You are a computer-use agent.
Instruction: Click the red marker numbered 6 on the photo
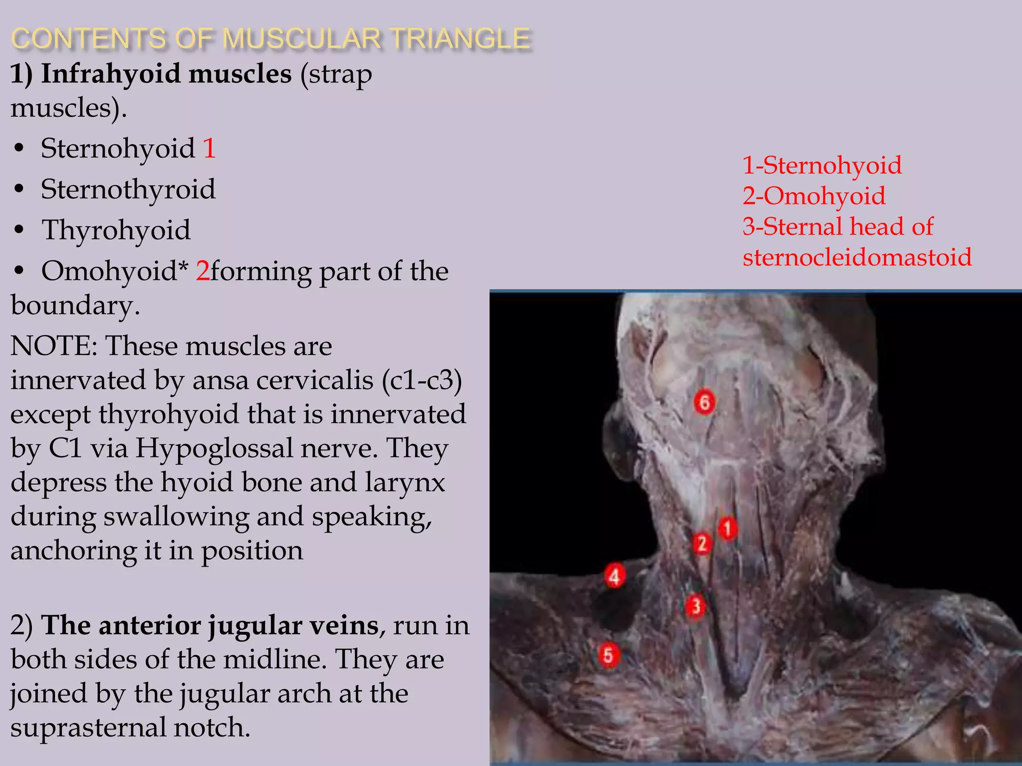click(704, 402)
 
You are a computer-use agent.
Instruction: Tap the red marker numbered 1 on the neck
click(727, 529)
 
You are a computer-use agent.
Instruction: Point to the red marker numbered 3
click(695, 607)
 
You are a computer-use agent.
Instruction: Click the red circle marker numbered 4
click(614, 576)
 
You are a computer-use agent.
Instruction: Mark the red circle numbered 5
click(608, 655)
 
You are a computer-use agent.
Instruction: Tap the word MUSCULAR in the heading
click(301, 39)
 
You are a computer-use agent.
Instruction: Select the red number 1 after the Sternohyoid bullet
click(209, 149)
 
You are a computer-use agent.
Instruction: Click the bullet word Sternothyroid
click(128, 190)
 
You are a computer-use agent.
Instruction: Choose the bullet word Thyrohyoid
click(116, 230)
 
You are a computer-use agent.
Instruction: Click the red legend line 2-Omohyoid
click(814, 195)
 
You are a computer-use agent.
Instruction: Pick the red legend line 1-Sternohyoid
click(822, 165)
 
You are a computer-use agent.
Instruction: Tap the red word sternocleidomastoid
click(857, 257)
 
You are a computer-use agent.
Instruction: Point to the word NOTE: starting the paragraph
click(54, 346)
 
